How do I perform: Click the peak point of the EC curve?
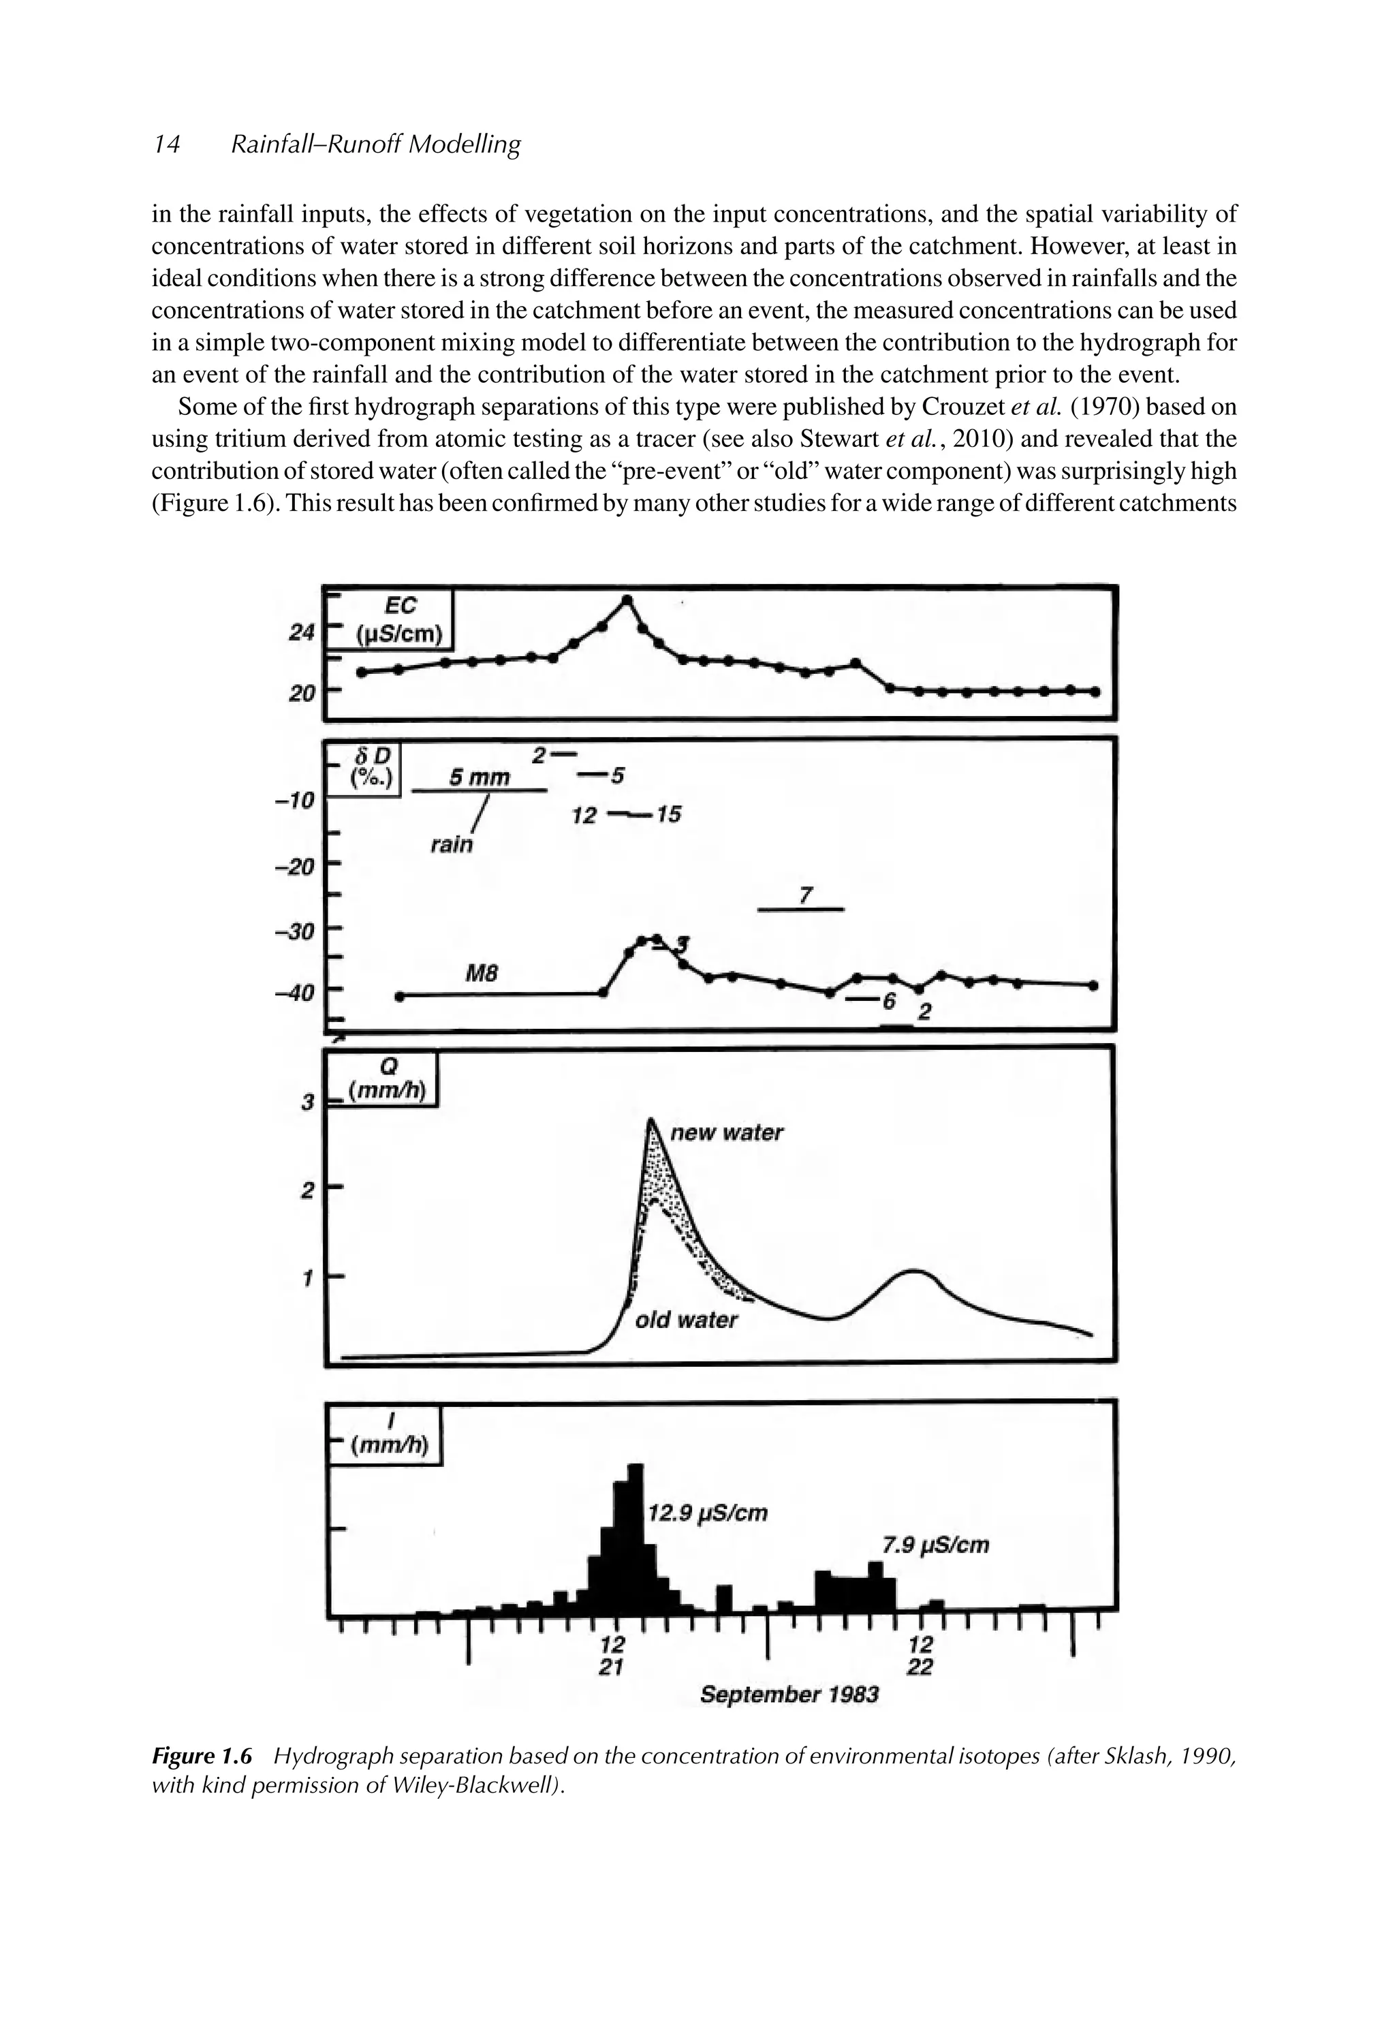(x=627, y=599)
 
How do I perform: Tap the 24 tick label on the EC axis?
(x=300, y=633)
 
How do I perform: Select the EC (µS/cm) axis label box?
(x=398, y=620)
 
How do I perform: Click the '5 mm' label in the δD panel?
(x=479, y=776)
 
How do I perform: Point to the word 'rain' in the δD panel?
(x=452, y=844)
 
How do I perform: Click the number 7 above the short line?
(x=806, y=895)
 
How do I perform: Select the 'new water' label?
(x=725, y=1133)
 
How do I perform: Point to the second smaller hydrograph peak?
(x=914, y=1270)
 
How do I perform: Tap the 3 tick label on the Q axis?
(x=307, y=1103)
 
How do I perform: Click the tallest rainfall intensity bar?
(x=636, y=1536)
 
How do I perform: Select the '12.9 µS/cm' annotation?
(x=708, y=1513)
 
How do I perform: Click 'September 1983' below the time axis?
(x=789, y=1695)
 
